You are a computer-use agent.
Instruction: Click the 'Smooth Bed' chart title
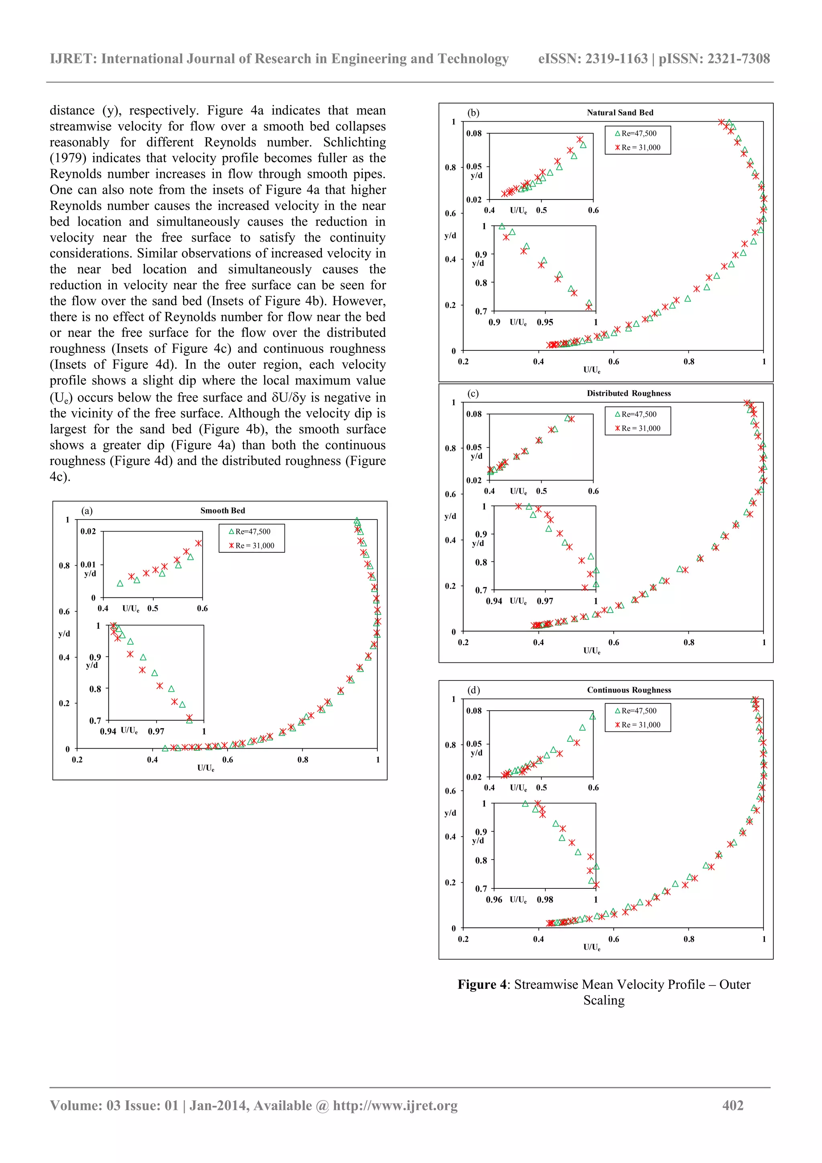click(x=222, y=511)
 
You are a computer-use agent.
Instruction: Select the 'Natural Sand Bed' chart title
click(x=620, y=112)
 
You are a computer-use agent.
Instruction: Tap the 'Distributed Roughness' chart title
click(x=629, y=393)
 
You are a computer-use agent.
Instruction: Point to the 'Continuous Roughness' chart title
click(x=629, y=690)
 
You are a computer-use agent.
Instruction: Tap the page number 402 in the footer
click(x=732, y=1105)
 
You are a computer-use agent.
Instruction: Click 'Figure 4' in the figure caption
click(x=482, y=984)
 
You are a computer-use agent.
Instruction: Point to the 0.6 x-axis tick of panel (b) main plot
click(x=613, y=362)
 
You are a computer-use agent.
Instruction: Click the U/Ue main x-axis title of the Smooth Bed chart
click(x=205, y=768)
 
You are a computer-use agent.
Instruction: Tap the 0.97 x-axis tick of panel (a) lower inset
click(x=156, y=731)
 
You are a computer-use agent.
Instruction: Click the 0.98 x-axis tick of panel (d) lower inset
click(x=545, y=900)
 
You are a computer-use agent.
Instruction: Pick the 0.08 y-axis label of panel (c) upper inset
click(x=474, y=414)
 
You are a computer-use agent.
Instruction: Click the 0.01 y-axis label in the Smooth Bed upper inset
click(x=88, y=564)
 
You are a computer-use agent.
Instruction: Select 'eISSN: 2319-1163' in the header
click(x=592, y=59)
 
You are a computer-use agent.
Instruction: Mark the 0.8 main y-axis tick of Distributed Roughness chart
click(x=450, y=448)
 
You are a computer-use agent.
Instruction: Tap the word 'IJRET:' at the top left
click(x=73, y=59)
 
